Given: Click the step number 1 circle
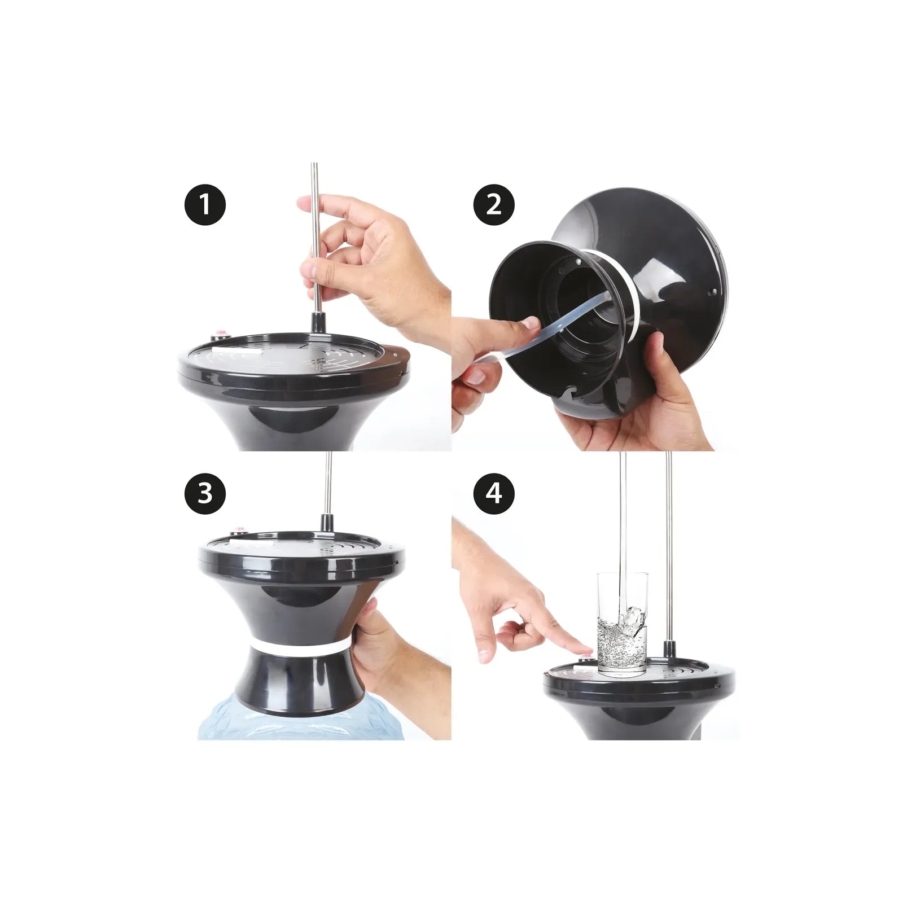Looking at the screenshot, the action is click(205, 204).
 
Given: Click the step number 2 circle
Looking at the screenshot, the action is click(494, 204).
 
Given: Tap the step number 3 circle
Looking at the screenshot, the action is click(205, 493).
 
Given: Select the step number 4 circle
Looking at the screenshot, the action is click(494, 493).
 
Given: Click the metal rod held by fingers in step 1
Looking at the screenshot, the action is click(315, 236).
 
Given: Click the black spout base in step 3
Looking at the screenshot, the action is click(326, 523).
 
